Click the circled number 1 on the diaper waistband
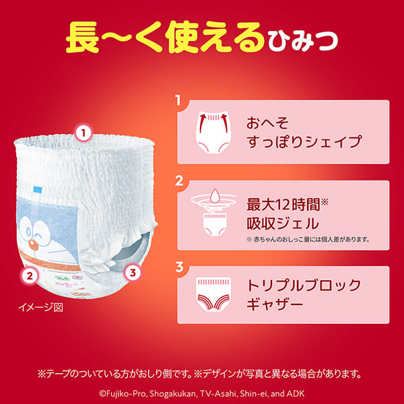tap(83, 133)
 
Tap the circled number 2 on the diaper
tap(29, 274)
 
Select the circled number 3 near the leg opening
tap(133, 273)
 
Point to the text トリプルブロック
tap(304, 285)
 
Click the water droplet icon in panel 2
tap(214, 197)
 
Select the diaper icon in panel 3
tap(214, 295)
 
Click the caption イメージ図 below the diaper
tap(40, 308)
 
